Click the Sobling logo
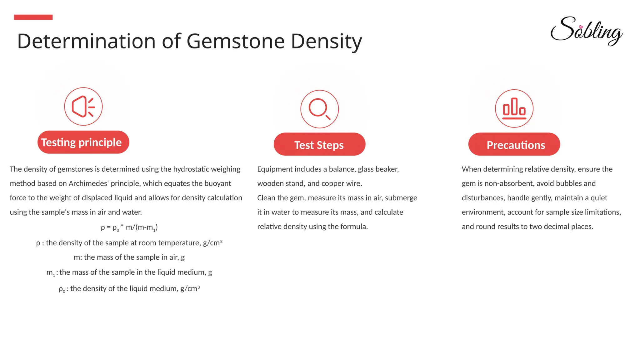[x=587, y=31]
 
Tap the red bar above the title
[x=33, y=17]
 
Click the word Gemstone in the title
[x=236, y=41]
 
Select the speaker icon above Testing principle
[x=83, y=107]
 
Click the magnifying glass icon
[x=319, y=109]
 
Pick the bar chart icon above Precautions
[x=514, y=108]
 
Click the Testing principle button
[x=83, y=142]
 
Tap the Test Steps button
[x=319, y=144]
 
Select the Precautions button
[x=514, y=144]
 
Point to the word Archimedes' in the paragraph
[x=88, y=183]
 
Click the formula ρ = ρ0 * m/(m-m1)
[x=129, y=227]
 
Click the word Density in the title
[x=326, y=41]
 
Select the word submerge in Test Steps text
[x=401, y=198]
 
